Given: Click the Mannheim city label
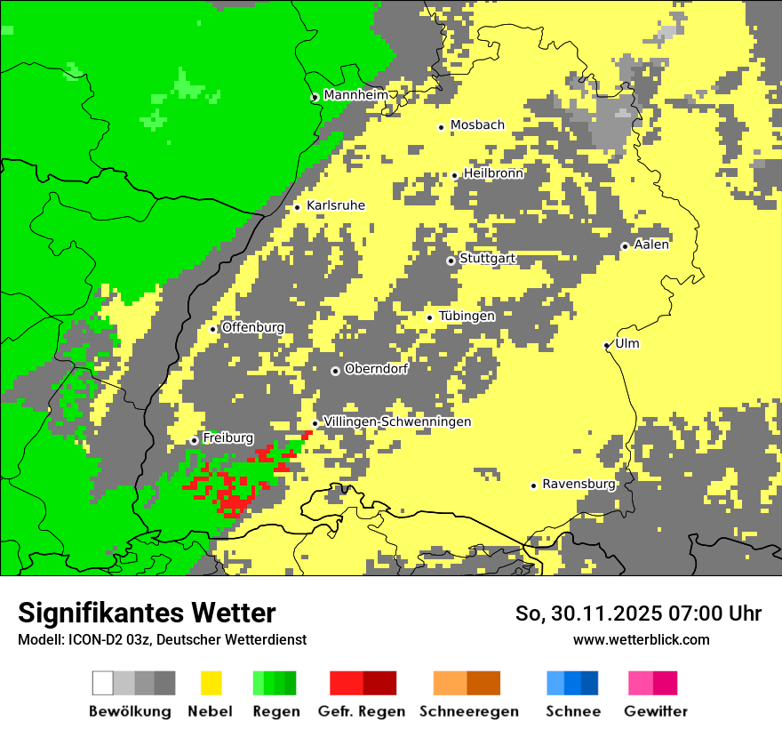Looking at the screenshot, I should coord(356,94).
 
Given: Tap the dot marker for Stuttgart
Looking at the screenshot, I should coord(451,261).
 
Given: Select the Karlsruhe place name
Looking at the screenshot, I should coord(335,205).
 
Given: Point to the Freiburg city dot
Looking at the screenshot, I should coord(194,440).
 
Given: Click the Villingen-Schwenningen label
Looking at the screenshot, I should coord(397,421).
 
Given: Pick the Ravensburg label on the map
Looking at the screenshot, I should coord(579,484).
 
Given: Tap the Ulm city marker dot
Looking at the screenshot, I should coord(607,346).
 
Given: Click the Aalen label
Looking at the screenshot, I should coord(651,244).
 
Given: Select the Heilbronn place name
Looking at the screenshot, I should coord(493,173).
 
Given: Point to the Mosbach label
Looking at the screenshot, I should coord(477,125).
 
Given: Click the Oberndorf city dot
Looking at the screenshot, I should coord(335,371).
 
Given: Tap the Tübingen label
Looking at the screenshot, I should coord(467,316).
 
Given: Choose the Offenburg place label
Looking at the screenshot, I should coord(252,327).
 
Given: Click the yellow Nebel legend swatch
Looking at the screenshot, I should coord(211,683).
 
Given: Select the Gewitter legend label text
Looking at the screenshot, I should coord(655,711).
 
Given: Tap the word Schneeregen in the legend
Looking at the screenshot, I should coord(469,711).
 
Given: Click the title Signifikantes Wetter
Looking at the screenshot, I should coord(147,613).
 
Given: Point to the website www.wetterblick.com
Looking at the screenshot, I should coord(641,639).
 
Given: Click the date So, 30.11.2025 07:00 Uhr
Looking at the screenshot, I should coord(638,614).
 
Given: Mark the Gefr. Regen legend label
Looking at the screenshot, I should coord(361,711).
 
